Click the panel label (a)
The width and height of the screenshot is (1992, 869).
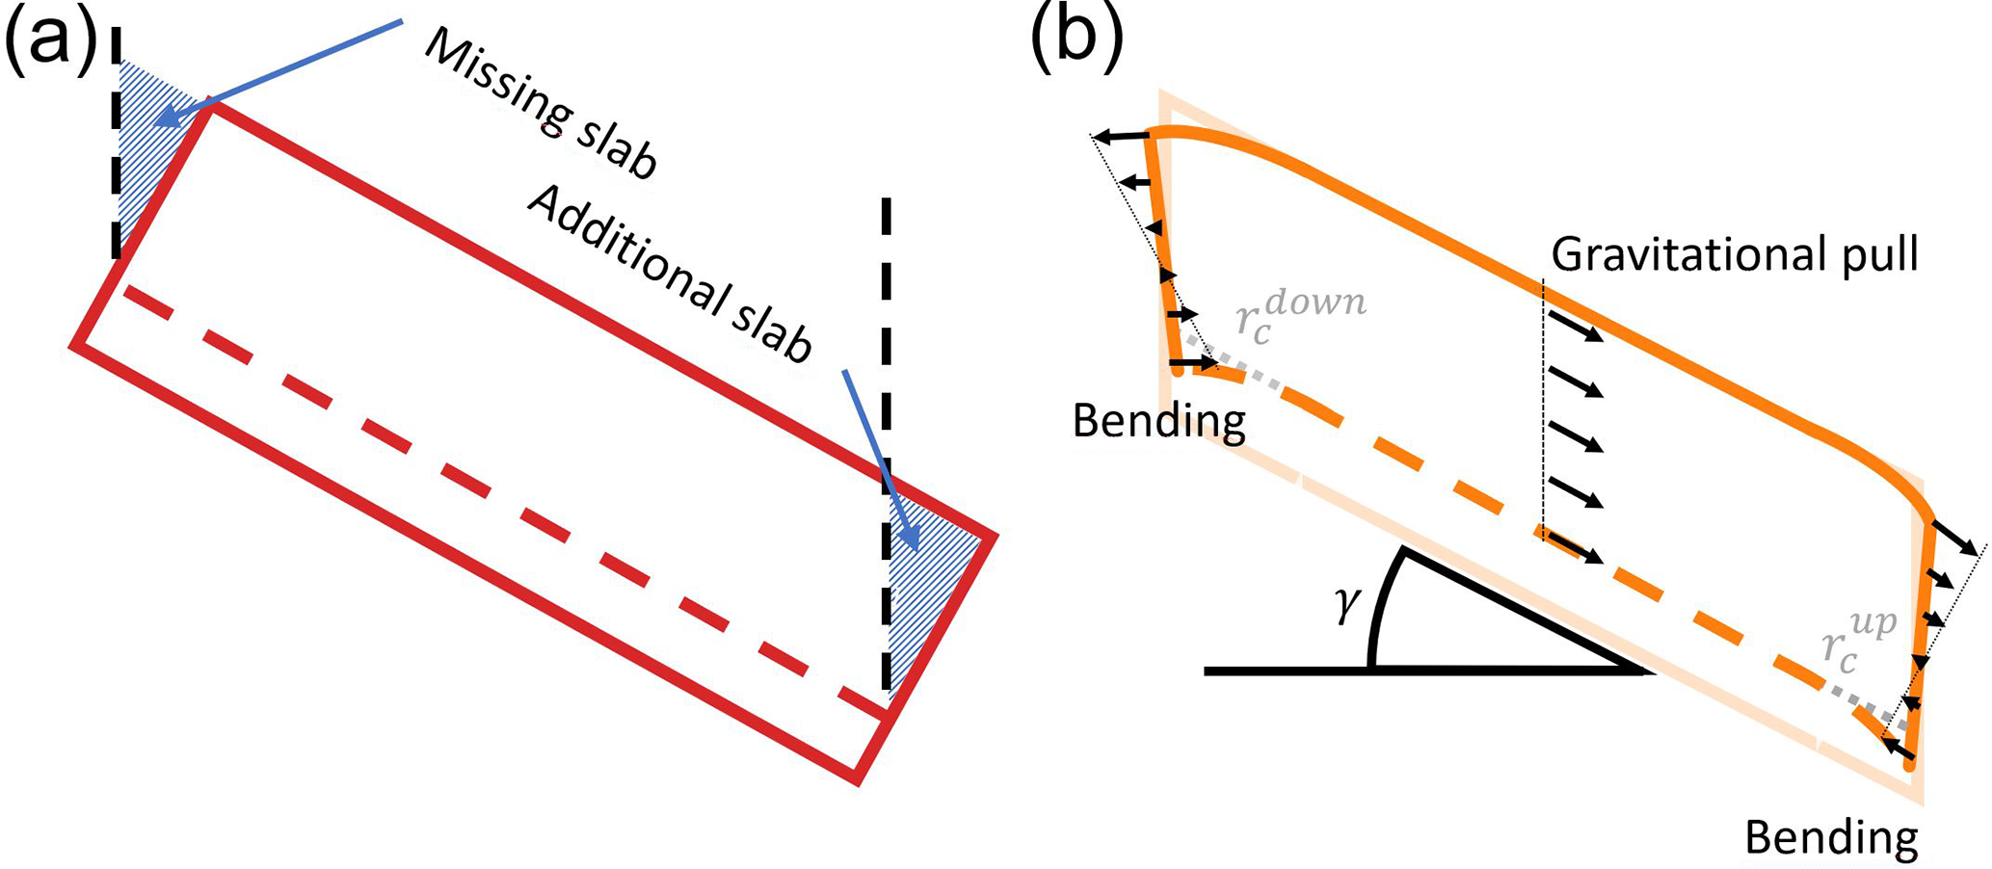(x=50, y=40)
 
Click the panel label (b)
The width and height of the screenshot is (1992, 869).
(x=1075, y=40)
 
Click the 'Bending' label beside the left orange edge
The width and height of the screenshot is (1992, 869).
(x=1158, y=421)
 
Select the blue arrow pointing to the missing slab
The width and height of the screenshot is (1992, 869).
(x=289, y=67)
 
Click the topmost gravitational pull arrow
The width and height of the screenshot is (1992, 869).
(x=1574, y=327)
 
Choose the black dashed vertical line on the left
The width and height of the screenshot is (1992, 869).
(x=117, y=145)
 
